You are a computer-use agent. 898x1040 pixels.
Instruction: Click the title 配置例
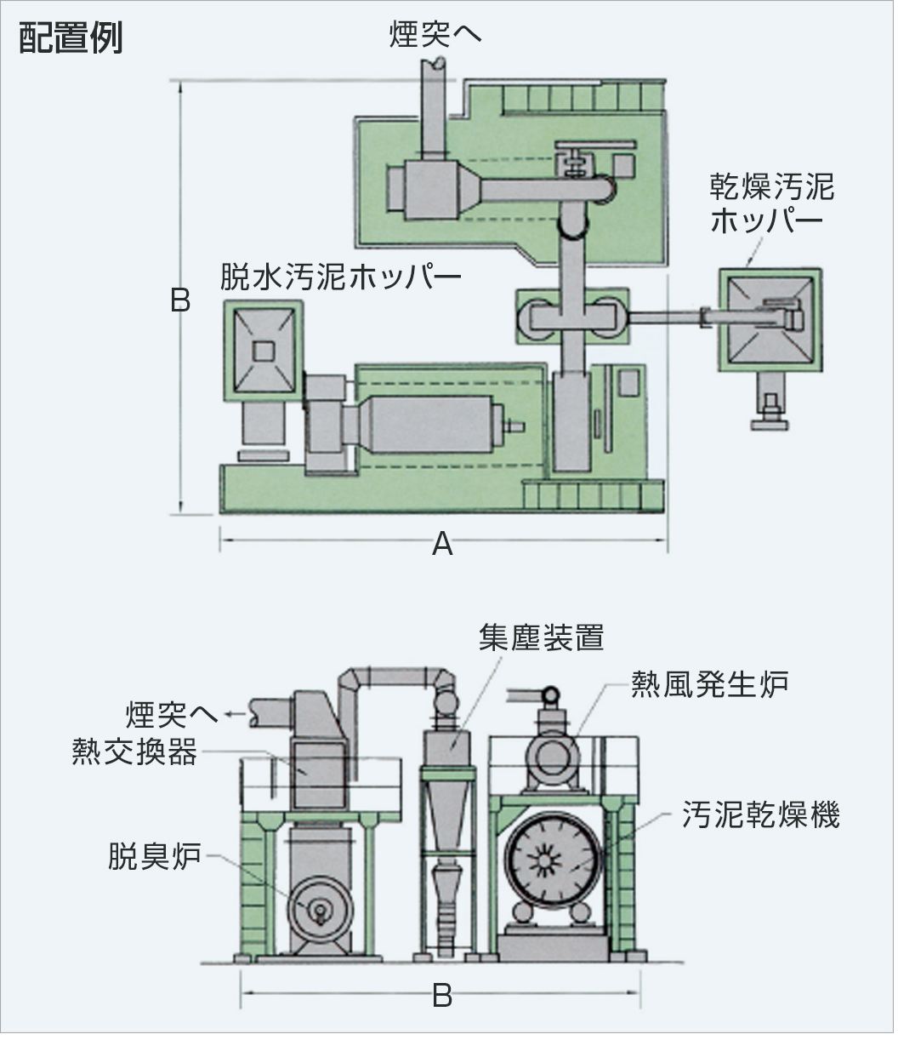pyautogui.click(x=71, y=38)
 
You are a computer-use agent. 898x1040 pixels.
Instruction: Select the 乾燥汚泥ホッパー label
pyautogui.click(x=771, y=204)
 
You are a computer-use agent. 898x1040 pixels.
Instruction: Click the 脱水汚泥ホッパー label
pyautogui.click(x=340, y=277)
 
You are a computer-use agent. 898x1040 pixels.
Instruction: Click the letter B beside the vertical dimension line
pyautogui.click(x=180, y=300)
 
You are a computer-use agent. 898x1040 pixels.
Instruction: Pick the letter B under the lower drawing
pyautogui.click(x=441, y=996)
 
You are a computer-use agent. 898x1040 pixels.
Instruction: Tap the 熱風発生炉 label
pyautogui.click(x=709, y=683)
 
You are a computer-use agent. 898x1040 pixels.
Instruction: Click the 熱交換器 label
pyautogui.click(x=135, y=752)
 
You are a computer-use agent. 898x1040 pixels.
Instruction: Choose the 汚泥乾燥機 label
pyautogui.click(x=761, y=815)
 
